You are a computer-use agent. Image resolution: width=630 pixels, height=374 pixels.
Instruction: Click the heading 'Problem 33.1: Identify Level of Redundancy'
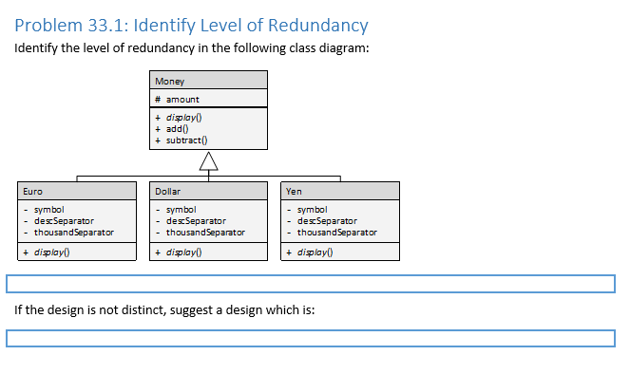pyautogui.click(x=192, y=26)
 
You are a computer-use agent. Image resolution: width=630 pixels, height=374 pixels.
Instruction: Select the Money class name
pyautogui.click(x=170, y=82)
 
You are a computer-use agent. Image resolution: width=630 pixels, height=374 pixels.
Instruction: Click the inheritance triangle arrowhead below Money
pyautogui.click(x=208, y=164)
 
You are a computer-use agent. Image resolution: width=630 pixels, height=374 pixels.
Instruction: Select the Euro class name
pyautogui.click(x=33, y=191)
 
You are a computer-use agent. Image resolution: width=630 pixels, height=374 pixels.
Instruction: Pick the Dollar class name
pyautogui.click(x=167, y=191)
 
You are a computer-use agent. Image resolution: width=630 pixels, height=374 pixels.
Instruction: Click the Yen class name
pyautogui.click(x=294, y=191)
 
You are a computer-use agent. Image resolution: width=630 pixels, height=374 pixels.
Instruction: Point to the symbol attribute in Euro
pyautogui.click(x=48, y=209)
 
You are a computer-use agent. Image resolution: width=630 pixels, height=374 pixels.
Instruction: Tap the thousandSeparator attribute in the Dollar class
pyautogui.click(x=205, y=232)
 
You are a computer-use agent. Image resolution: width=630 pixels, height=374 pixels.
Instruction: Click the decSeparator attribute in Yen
pyautogui.click(x=328, y=220)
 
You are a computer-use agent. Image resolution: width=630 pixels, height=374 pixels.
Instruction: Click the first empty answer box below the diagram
pyautogui.click(x=311, y=284)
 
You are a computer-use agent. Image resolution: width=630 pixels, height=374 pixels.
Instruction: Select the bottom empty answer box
pyautogui.click(x=311, y=338)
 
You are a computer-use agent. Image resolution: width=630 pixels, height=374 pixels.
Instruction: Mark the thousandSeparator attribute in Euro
pyautogui.click(x=73, y=232)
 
